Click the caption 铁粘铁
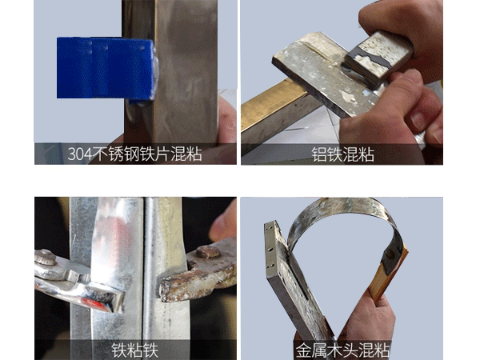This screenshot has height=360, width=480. tap(135, 350)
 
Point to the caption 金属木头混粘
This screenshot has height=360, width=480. tap(342, 350)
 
